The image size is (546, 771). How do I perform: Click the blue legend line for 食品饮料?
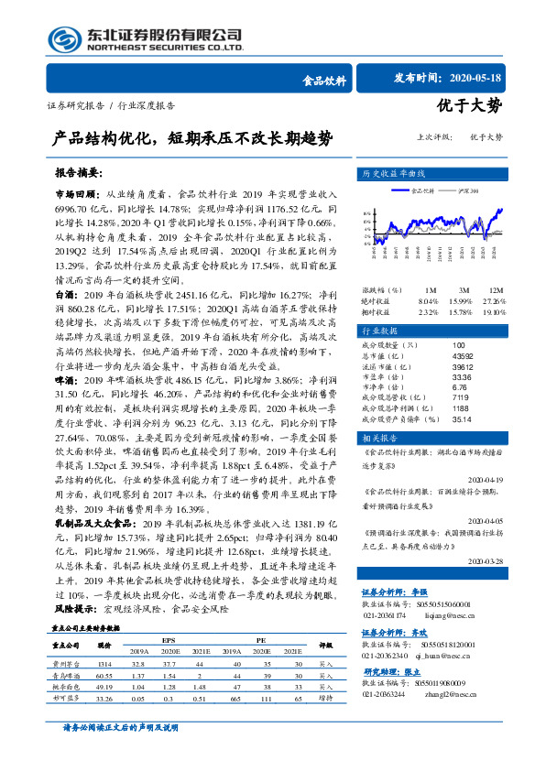(400, 190)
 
